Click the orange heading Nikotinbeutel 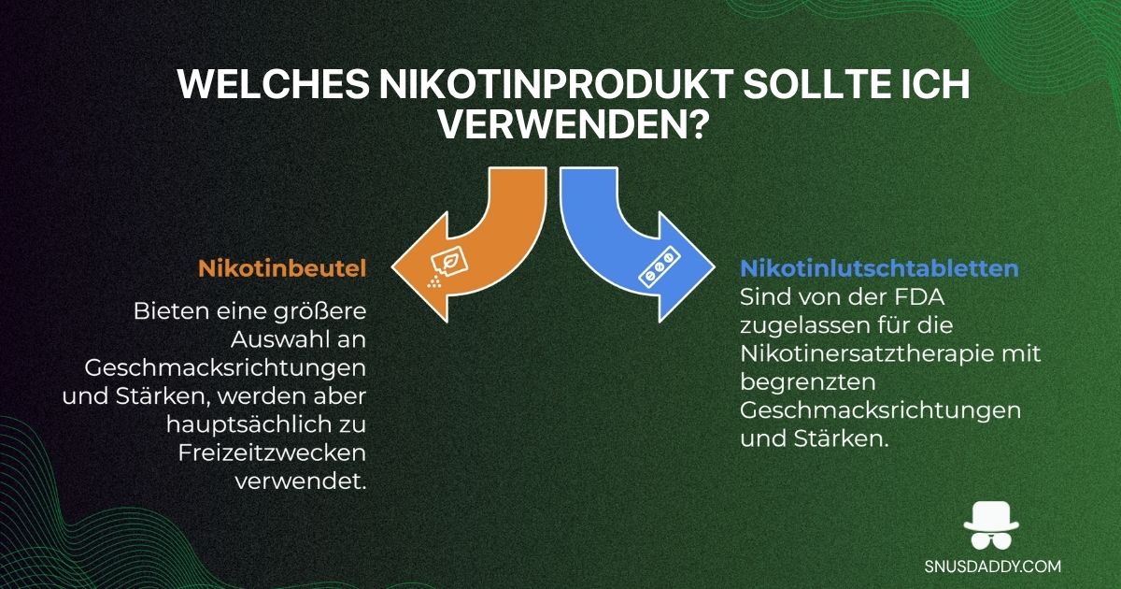point(281,268)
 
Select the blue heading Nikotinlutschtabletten point(879,268)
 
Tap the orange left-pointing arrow point(467,252)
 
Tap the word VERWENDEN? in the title point(560,124)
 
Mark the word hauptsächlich point(238,425)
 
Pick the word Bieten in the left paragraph point(175,309)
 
